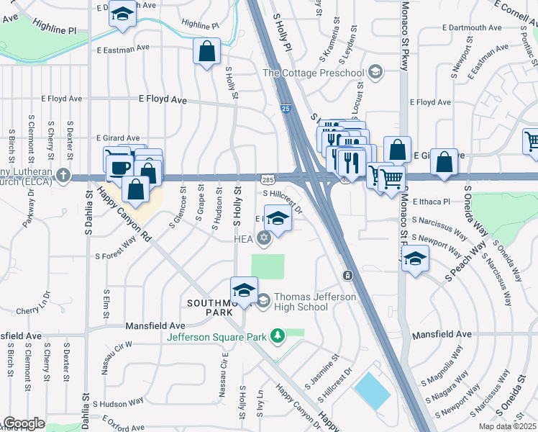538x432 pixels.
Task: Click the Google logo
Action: (x=24, y=423)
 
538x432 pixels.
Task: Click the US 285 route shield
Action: (x=266, y=178)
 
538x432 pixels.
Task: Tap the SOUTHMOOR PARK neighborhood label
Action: (x=210, y=307)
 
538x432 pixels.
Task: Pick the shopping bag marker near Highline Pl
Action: (x=206, y=52)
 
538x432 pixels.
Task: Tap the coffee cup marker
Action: (x=119, y=168)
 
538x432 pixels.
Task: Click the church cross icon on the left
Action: (x=64, y=175)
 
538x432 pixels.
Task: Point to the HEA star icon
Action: (x=265, y=238)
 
